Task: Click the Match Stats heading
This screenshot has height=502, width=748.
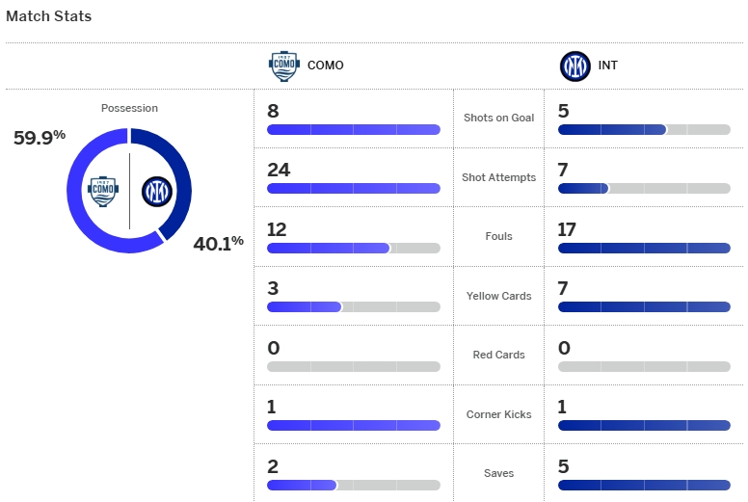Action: [x=49, y=16]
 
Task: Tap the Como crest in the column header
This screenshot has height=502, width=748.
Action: [x=283, y=66]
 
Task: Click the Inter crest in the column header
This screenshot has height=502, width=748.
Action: [x=575, y=66]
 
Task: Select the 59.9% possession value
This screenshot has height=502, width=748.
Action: [x=39, y=137]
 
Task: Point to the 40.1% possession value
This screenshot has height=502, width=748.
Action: [x=219, y=243]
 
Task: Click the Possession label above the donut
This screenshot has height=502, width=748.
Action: [x=129, y=108]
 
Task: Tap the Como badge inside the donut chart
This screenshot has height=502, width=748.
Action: [x=103, y=190]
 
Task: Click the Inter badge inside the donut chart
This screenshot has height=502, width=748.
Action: [x=155, y=191]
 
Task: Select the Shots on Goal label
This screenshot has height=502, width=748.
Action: [x=498, y=118]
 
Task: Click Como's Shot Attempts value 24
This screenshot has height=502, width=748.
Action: [x=279, y=170]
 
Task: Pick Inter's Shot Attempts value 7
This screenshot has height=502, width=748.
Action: [x=564, y=170]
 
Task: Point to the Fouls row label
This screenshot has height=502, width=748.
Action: [x=498, y=236]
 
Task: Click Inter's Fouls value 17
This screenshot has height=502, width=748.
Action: [x=570, y=229]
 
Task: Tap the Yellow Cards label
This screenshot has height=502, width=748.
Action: [x=498, y=296]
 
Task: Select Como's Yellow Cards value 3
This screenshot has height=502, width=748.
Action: [x=274, y=288]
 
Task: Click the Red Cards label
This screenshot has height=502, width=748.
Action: [x=498, y=355]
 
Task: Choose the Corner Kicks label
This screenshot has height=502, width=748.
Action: [x=498, y=414]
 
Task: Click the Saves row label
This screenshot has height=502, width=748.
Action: [x=498, y=473]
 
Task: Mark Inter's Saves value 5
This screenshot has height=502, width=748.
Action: [x=564, y=466]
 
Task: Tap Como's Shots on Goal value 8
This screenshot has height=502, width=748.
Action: [x=274, y=111]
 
